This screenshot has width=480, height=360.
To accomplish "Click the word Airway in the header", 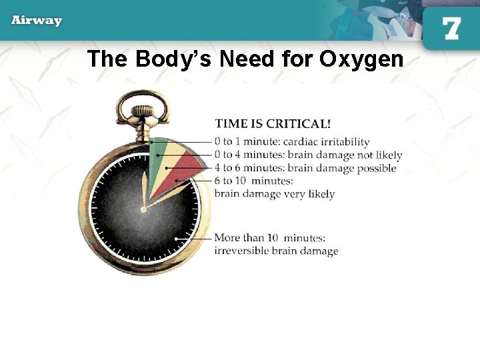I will pos(37,20).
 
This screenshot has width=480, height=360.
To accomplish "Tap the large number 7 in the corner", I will pos(451,29).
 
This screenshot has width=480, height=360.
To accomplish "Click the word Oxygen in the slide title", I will pos(361,59).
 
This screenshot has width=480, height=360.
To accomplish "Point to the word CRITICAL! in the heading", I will pos(299,124).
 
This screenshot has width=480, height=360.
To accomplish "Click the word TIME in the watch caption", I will pos(231,124).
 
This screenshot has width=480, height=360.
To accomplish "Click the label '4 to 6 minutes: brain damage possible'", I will pos(305,168).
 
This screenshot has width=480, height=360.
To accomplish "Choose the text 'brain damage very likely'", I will pos(274,194).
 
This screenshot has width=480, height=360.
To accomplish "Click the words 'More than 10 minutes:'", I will pos(269,238).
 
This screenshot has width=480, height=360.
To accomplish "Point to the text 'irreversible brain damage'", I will pos(275,251).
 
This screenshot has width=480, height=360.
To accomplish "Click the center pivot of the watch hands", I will pos(145,209).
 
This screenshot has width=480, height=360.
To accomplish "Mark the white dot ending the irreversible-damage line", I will pos(175,238).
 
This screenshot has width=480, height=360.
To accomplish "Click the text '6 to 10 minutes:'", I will pos(253,181).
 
